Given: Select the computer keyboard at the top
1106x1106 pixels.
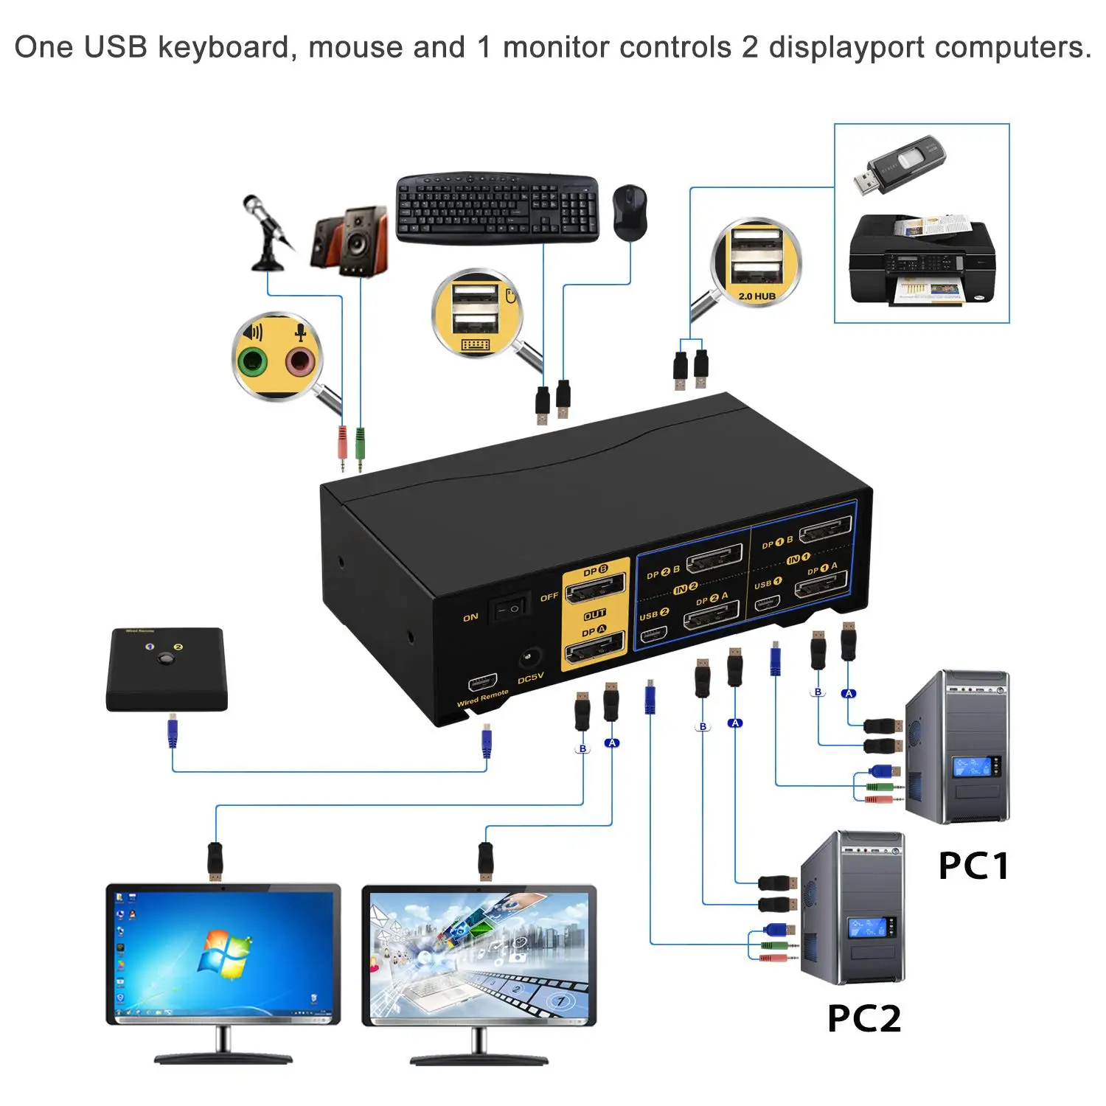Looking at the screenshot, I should [497, 208].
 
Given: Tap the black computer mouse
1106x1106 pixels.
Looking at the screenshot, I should [630, 212].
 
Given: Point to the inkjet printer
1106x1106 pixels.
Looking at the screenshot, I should [922, 260].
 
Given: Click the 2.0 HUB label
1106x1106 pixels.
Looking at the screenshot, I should [757, 296].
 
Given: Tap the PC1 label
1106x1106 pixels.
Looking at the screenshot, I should [973, 866].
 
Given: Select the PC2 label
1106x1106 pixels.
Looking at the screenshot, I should [863, 1019].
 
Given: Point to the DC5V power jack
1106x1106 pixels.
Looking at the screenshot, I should [529, 656].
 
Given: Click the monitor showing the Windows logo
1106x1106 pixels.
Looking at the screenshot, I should [223, 955].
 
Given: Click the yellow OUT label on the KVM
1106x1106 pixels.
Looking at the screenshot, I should [594, 614].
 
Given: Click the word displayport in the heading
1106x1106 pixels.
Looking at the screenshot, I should [846, 47].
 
